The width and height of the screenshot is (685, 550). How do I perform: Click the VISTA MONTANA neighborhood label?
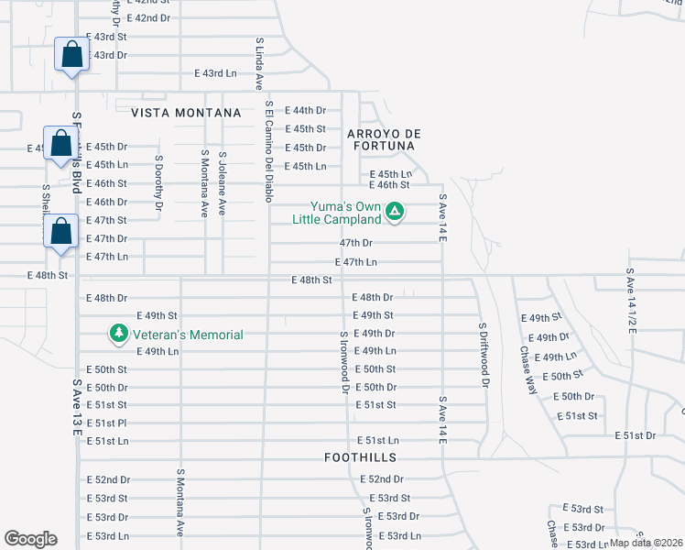click(186, 113)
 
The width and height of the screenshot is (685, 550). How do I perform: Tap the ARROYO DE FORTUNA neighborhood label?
click(383, 139)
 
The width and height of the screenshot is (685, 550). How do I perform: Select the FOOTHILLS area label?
click(359, 456)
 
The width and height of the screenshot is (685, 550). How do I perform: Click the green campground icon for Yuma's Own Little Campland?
click(395, 212)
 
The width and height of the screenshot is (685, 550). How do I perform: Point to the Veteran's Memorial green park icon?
click(118, 333)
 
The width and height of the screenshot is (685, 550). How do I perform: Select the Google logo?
click(30, 539)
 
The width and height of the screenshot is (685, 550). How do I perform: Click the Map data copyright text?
click(645, 542)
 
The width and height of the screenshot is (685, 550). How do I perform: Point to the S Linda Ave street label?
click(258, 62)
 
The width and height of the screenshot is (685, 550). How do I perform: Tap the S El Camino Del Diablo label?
click(269, 150)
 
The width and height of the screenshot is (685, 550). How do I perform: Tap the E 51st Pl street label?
click(105, 423)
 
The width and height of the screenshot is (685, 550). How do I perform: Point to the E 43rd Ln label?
click(215, 73)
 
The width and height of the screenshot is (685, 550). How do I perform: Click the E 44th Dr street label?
click(305, 110)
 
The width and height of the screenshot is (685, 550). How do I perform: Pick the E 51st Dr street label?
click(636, 434)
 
